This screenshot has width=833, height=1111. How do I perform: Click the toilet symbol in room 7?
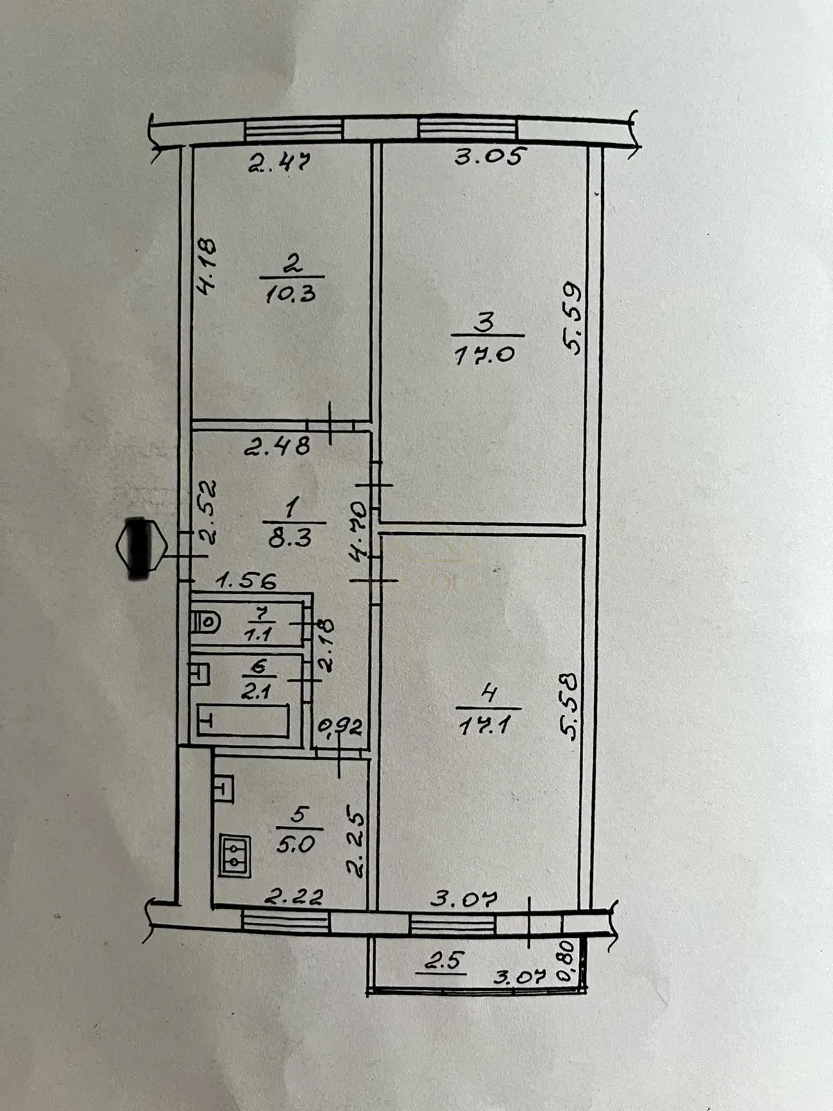click(206, 621)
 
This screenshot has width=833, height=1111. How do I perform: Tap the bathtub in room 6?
click(243, 720)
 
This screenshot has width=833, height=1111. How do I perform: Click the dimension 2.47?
click(279, 163)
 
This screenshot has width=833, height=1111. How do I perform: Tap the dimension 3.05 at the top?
click(487, 156)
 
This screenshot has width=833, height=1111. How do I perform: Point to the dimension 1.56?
click(246, 580)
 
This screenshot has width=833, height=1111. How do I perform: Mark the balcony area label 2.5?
click(445, 961)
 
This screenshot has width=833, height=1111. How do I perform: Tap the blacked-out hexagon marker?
click(141, 546)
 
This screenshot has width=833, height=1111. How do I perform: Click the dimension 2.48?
click(277, 446)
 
